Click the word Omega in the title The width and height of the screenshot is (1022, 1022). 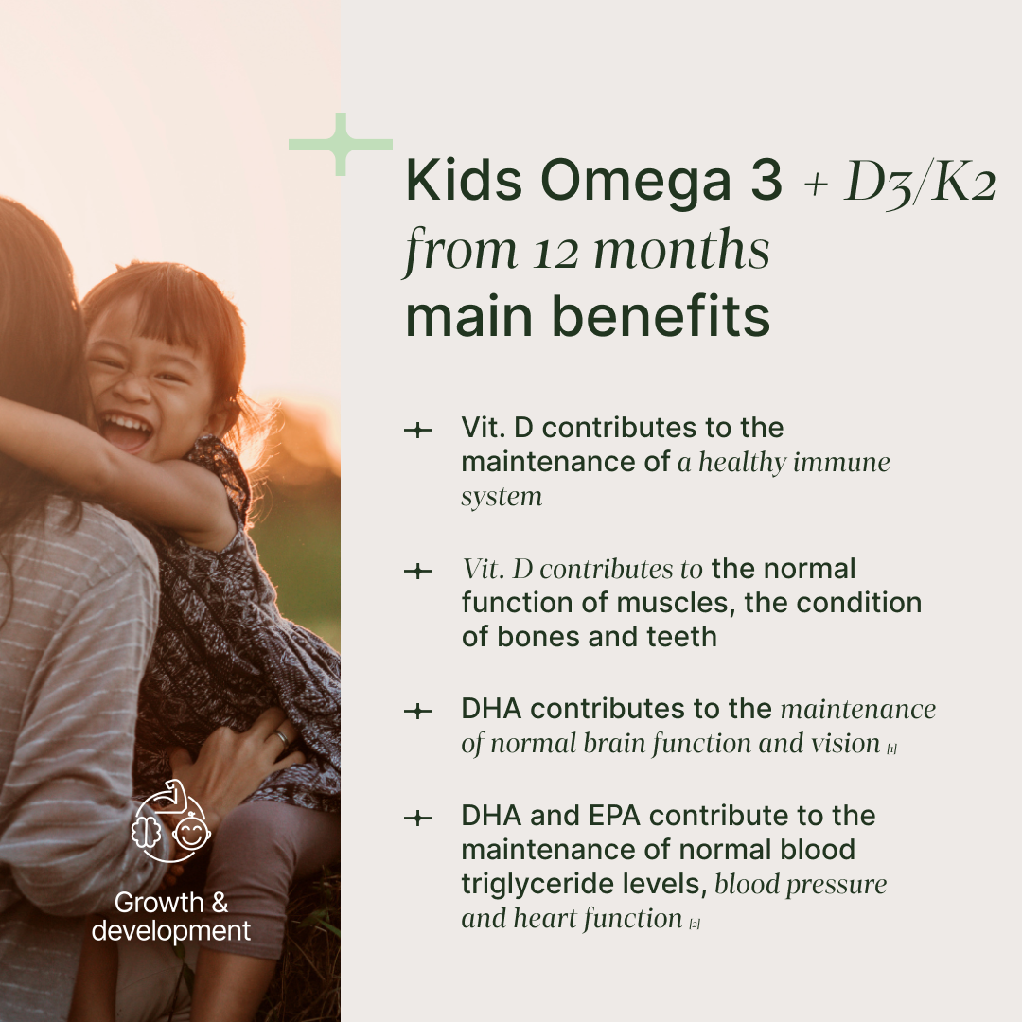coord(635,184)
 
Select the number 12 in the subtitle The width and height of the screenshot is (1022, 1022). coord(556,253)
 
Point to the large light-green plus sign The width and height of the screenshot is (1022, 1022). coord(341,144)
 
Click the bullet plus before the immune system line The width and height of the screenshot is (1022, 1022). coord(418,431)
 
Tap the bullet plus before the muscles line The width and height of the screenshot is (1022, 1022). coord(418,571)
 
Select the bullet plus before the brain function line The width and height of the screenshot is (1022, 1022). coord(418,711)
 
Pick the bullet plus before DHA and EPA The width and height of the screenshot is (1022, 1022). coord(418,818)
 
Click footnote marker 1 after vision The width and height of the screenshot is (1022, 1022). coord(891,749)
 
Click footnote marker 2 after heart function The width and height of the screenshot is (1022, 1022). coord(695,924)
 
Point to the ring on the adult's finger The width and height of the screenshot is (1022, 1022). coord(282,738)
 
